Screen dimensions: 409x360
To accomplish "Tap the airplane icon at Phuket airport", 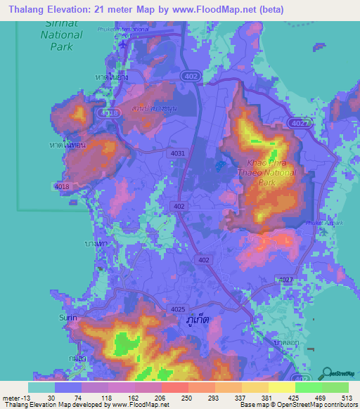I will coord(124,44).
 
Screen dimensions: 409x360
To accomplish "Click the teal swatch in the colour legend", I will coord(41,387).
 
